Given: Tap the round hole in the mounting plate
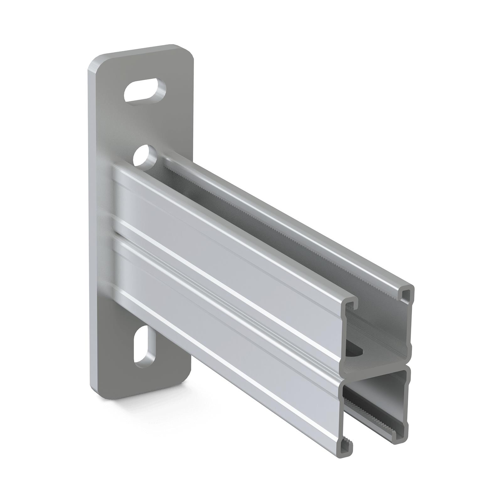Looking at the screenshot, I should click(145, 156).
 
